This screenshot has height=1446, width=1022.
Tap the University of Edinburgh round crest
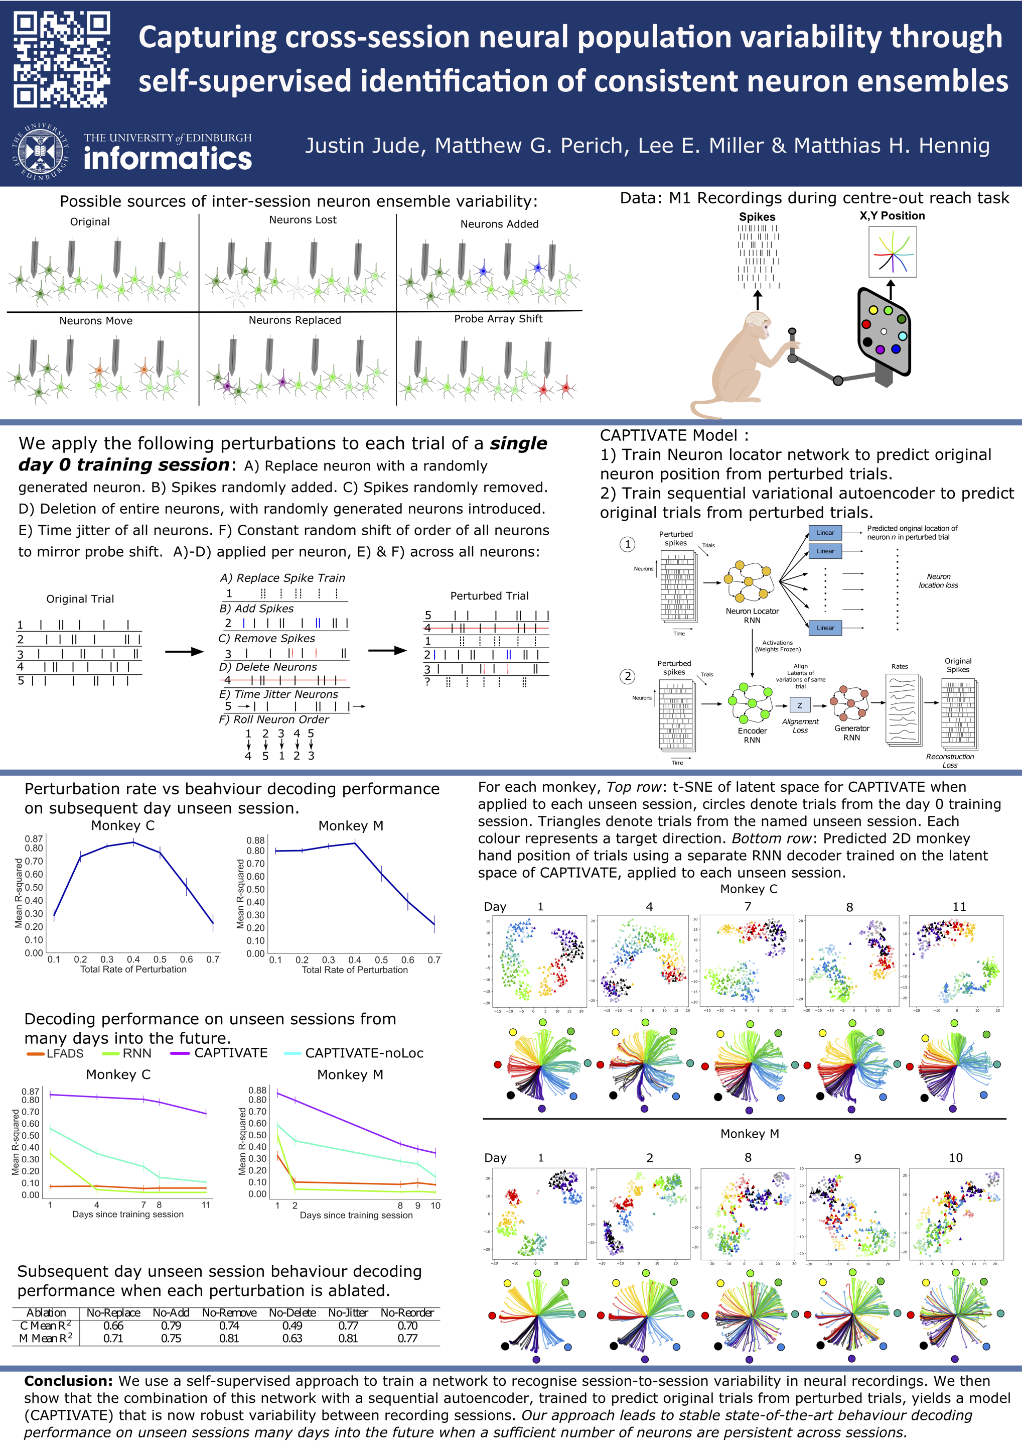tap(40, 152)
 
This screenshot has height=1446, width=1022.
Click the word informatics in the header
tap(168, 158)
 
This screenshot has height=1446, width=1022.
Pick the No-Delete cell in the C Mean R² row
tap(292, 1325)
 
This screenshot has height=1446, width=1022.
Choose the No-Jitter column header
tap(347, 1312)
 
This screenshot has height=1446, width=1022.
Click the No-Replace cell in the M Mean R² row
tap(113, 1339)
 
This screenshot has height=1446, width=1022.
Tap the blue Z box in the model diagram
tap(799, 705)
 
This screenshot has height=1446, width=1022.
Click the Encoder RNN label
tap(752, 735)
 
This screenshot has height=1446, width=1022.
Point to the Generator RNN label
tap(851, 733)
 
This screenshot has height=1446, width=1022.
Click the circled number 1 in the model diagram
tap(628, 544)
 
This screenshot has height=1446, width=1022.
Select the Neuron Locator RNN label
tap(752, 616)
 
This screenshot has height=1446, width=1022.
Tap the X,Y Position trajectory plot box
tap(893, 252)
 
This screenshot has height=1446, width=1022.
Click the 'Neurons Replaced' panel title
tap(295, 320)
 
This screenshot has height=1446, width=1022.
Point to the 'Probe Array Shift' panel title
tap(498, 319)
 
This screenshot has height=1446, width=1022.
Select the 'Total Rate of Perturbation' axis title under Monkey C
tap(133, 969)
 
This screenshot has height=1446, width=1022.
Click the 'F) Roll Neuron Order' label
tap(274, 719)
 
